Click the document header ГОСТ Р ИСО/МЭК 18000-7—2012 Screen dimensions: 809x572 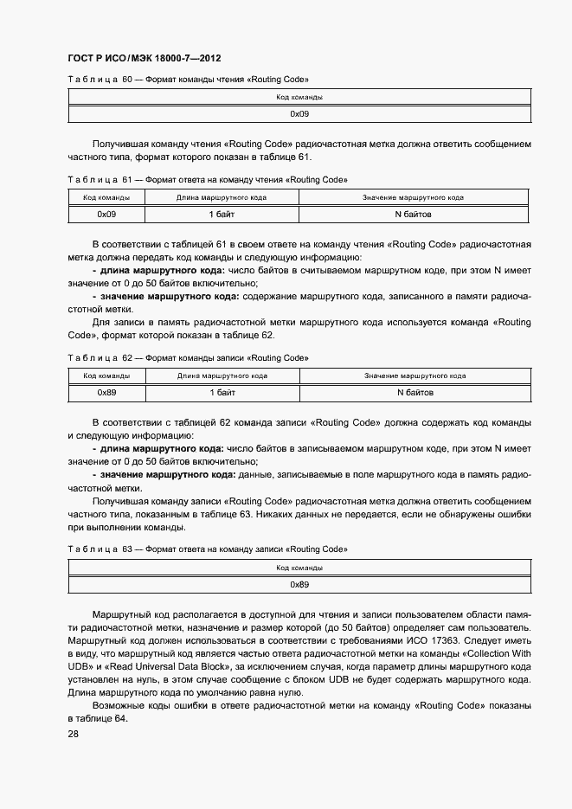point(144,59)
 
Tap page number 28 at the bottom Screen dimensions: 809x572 point(74,735)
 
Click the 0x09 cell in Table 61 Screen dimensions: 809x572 point(106,214)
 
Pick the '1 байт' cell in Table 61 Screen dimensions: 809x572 point(222,214)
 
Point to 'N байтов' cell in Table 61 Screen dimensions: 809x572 point(413,214)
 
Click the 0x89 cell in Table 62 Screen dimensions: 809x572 point(106,392)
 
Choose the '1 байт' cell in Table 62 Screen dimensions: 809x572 point(222,392)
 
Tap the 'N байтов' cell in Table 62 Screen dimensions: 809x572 point(415,392)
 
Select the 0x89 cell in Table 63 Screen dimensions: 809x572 point(299,584)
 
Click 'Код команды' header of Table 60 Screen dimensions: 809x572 point(299,98)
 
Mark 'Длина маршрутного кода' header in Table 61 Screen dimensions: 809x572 point(222,198)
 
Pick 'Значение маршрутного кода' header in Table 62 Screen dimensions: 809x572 point(415,376)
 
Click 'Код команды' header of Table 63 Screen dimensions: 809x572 point(299,568)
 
